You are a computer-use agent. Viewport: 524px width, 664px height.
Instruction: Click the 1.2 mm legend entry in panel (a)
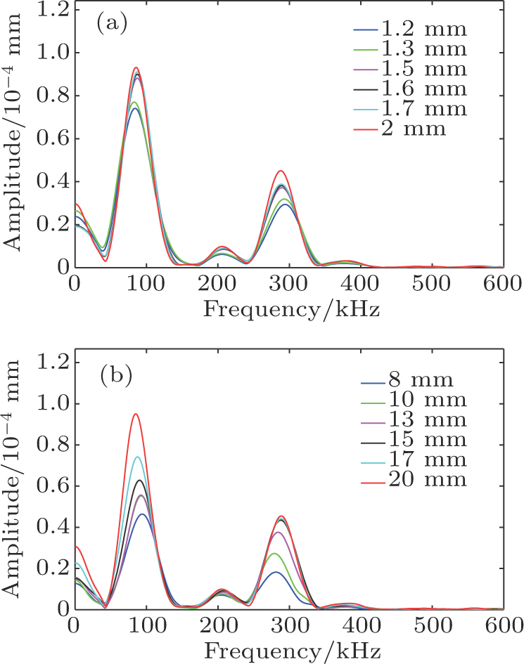pyautogui.click(x=410, y=30)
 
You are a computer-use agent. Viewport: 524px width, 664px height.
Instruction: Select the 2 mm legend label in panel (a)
pyautogui.click(x=400, y=129)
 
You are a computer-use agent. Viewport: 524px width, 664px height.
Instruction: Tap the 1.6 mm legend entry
pyautogui.click(x=410, y=89)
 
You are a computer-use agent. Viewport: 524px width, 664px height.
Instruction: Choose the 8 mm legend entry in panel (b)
pyautogui.click(x=407, y=380)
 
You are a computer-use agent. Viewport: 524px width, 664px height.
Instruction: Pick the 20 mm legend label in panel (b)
pyautogui.click(x=414, y=480)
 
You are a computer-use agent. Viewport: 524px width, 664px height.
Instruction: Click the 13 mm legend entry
pyautogui.click(x=414, y=419)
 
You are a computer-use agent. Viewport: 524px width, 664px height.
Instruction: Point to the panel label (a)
pyautogui.click(x=112, y=25)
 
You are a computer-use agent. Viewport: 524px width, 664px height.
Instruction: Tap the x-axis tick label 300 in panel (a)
pyautogui.click(x=288, y=283)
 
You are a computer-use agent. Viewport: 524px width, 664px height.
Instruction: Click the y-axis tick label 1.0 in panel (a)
pyautogui.click(x=53, y=53)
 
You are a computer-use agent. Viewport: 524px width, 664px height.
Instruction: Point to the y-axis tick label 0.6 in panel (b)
pyautogui.click(x=53, y=486)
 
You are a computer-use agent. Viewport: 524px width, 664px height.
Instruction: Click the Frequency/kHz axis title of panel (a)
pyautogui.click(x=292, y=310)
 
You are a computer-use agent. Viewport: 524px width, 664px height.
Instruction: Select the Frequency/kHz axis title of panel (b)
pyautogui.click(x=293, y=651)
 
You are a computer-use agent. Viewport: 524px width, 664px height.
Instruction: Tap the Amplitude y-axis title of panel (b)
pyautogui.click(x=11, y=479)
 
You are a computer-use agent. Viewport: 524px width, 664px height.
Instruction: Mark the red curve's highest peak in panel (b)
pyautogui.click(x=136, y=414)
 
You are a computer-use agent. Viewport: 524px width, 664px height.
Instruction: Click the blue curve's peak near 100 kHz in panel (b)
pyautogui.click(x=143, y=514)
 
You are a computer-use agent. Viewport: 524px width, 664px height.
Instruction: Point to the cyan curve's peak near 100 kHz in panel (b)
pyautogui.click(x=137, y=457)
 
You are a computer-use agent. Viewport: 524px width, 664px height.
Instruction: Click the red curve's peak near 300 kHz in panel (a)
pyautogui.click(x=281, y=171)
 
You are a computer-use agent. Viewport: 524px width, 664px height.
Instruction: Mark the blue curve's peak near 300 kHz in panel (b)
pyautogui.click(x=276, y=572)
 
